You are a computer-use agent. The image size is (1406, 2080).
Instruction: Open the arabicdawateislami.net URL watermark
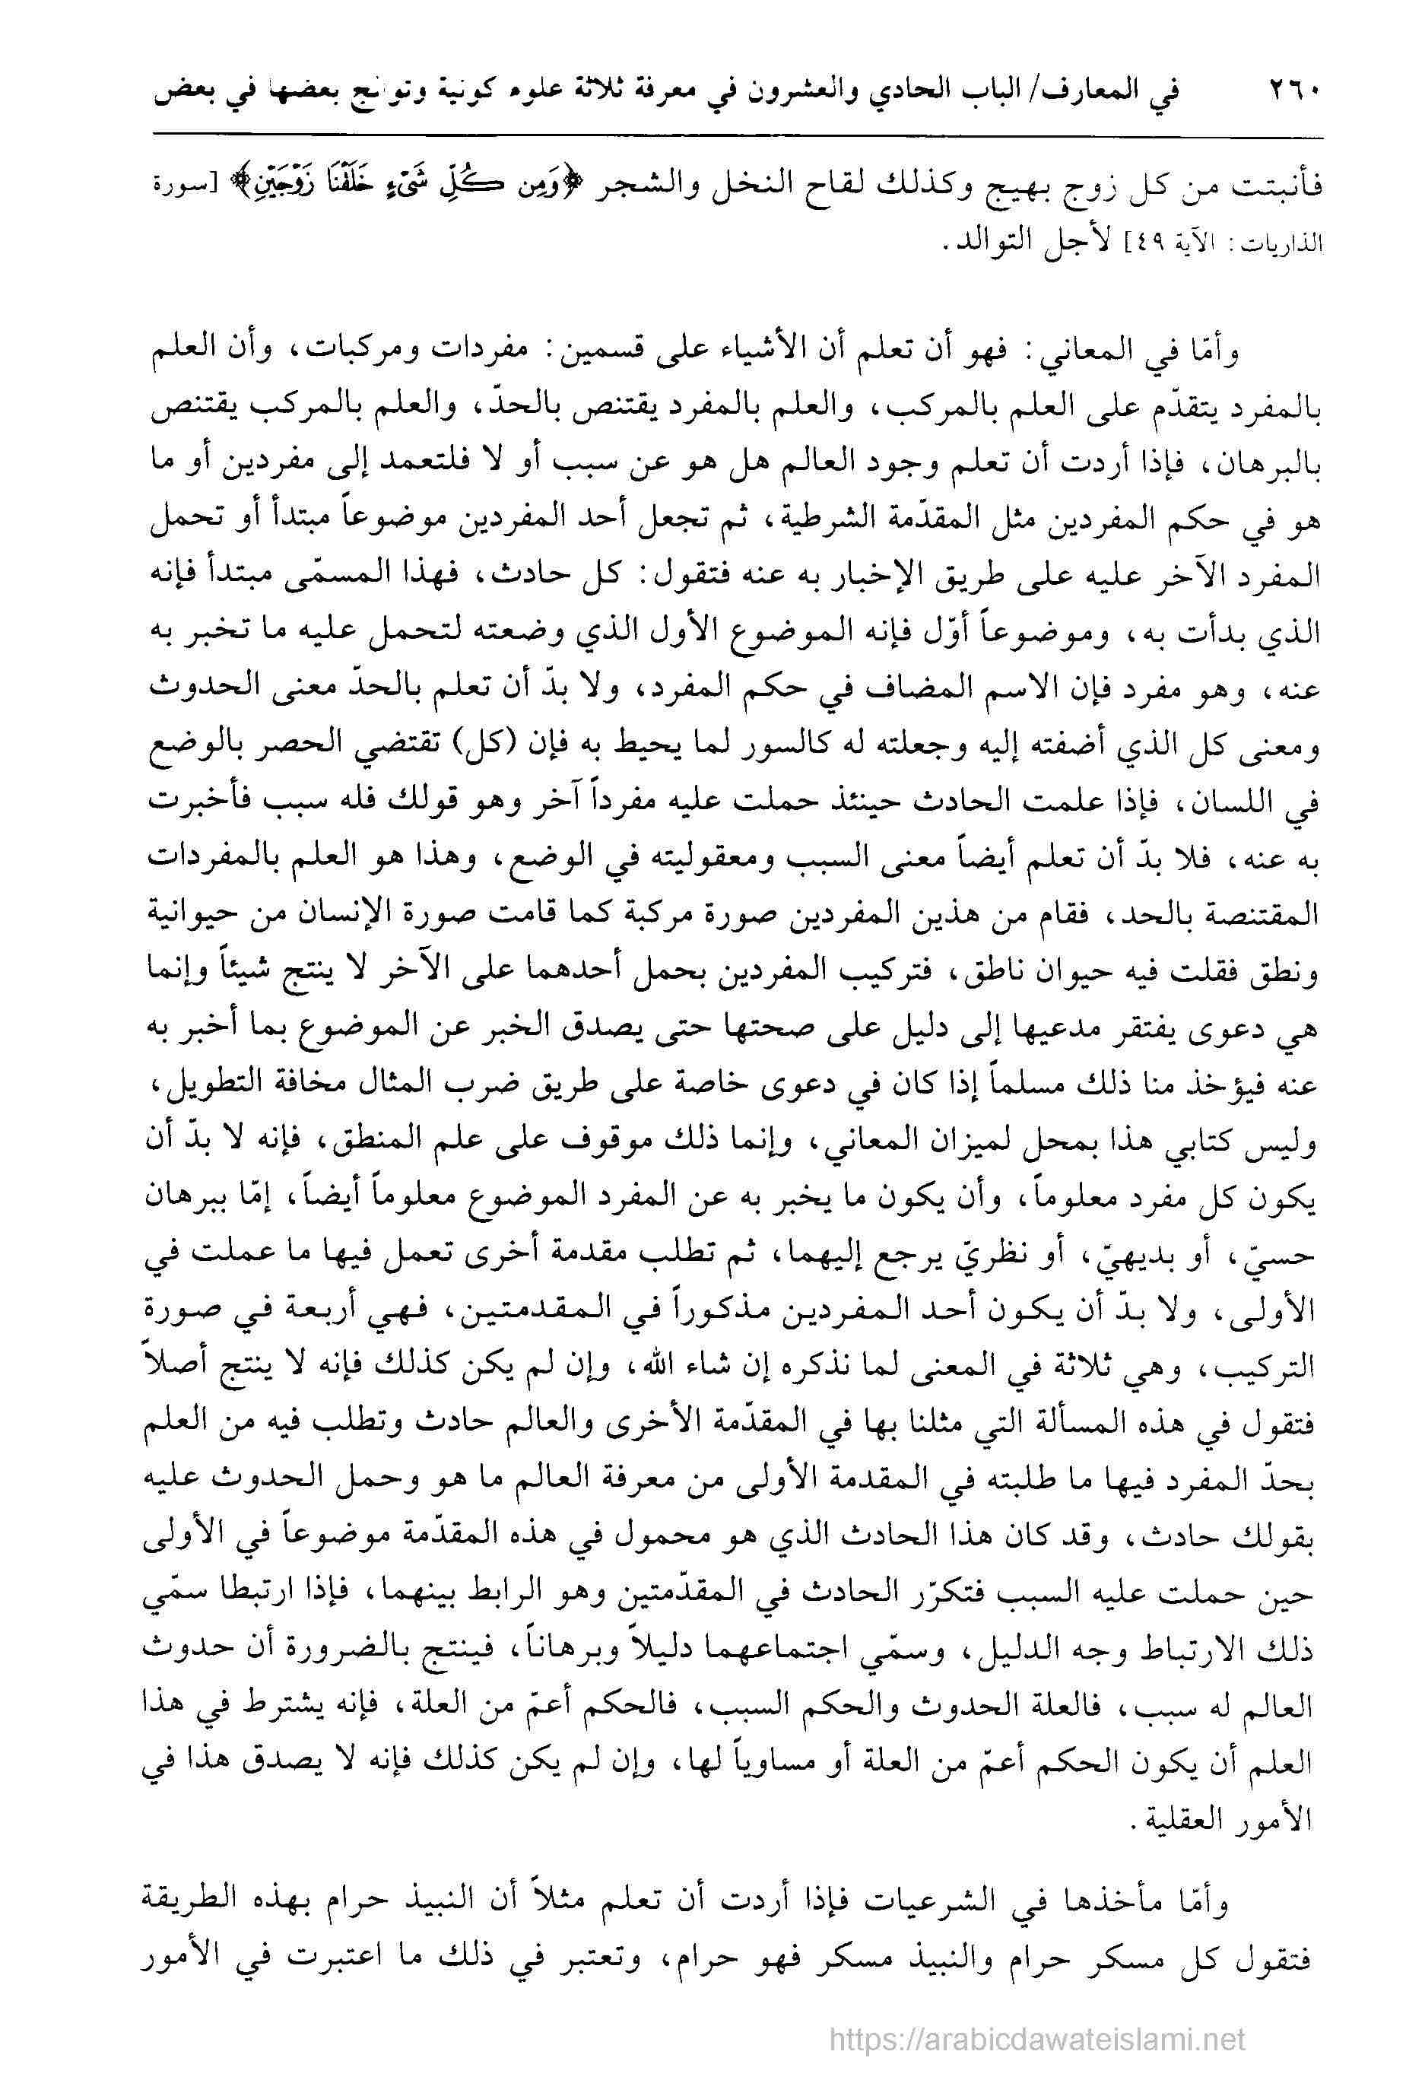[x=1037, y=2034]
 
